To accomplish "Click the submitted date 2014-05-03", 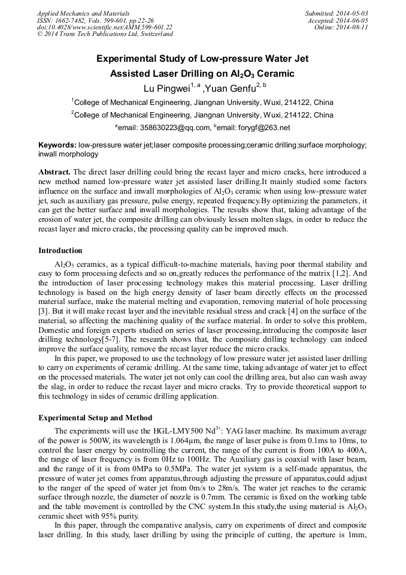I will [353, 13].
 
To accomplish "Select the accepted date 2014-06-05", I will [353, 20].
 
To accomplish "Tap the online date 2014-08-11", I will [353, 27].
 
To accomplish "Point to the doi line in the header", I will [104, 27].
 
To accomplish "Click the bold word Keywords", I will [57, 145].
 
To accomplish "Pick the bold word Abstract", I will [54, 171].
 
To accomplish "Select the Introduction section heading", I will [60, 251].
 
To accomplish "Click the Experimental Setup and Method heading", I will [95, 418].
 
